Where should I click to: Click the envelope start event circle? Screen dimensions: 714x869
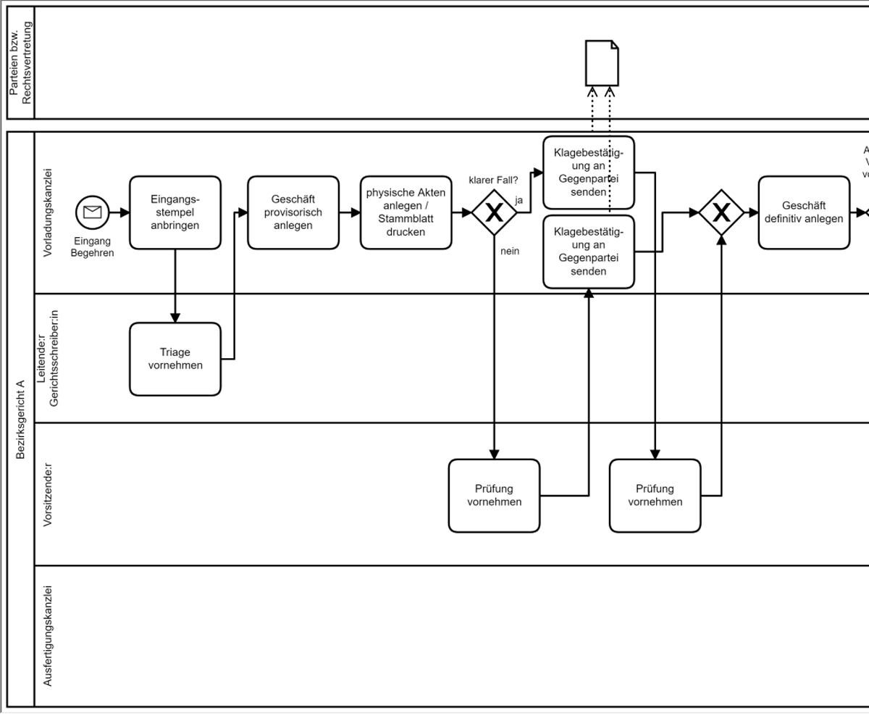click(x=93, y=212)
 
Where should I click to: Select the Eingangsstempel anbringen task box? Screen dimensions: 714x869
click(x=175, y=212)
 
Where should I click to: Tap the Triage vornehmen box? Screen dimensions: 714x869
click(x=175, y=359)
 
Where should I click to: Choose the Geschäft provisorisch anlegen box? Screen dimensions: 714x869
click(x=293, y=212)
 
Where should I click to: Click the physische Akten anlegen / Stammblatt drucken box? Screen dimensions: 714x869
click(x=406, y=212)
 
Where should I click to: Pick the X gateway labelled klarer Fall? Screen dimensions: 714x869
click(x=494, y=212)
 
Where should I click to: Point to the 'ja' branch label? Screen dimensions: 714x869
click(x=519, y=199)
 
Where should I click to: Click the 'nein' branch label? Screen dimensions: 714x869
click(x=509, y=251)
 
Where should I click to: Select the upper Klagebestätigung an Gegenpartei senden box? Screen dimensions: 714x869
click(x=588, y=173)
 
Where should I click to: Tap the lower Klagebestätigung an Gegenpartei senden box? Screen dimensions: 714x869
click(x=588, y=252)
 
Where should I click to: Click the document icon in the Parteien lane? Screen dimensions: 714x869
click(x=602, y=63)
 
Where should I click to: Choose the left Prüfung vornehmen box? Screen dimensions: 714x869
click(x=494, y=496)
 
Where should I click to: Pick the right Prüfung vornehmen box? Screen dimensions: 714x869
click(x=655, y=496)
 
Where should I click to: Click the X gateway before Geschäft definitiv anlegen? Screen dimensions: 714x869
click(x=721, y=212)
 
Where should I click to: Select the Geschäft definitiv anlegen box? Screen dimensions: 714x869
click(x=803, y=212)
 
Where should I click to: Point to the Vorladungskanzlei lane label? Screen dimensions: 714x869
click(x=48, y=212)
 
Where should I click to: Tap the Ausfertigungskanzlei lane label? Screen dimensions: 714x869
click(x=48, y=636)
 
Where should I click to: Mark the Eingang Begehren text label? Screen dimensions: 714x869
click(x=92, y=247)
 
